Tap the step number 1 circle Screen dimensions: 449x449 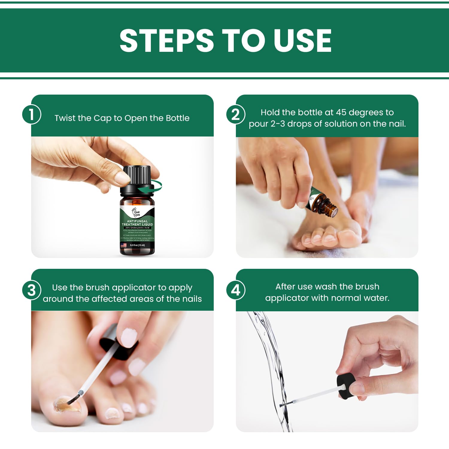[x=31, y=114]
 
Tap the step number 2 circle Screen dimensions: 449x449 [x=236, y=115]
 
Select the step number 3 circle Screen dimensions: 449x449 [x=31, y=290]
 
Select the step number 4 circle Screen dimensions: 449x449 [x=236, y=290]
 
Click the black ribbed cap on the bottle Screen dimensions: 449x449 [x=137, y=175]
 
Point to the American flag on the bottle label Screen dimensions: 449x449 [x=123, y=245]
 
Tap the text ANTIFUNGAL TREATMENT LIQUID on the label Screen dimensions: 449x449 [x=137, y=223]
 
